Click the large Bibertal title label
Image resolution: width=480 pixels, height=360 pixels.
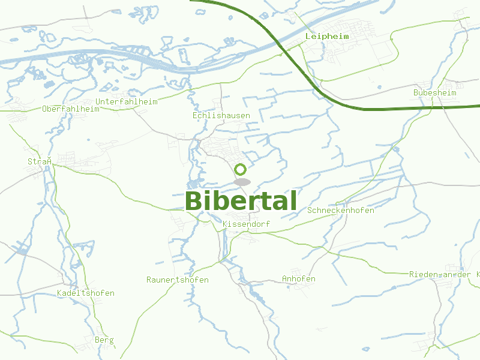241,201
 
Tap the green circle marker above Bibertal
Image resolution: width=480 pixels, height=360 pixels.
241,169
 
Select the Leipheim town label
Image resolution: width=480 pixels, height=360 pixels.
327,37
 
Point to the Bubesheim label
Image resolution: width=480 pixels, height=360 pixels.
435,93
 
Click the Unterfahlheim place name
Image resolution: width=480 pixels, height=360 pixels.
126,102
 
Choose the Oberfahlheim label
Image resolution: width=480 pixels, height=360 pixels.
71,109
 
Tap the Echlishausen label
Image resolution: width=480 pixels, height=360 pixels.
221,115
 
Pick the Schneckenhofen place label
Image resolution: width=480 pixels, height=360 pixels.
341,211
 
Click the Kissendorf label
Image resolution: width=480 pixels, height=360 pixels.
246,224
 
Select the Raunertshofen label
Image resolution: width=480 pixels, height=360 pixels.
178,280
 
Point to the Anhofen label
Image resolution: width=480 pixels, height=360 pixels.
299,279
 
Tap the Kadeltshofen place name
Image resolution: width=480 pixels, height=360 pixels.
85,293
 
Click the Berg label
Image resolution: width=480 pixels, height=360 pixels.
104,340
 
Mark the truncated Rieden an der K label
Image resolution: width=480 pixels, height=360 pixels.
444,274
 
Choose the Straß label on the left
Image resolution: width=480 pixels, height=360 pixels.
37,162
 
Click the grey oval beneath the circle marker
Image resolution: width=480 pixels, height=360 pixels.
242,182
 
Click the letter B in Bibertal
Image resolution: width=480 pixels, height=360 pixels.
195,201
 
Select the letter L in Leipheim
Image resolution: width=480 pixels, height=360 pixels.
308,37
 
